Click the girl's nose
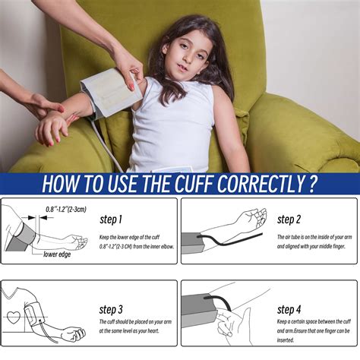point(179,60)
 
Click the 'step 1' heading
point(110,220)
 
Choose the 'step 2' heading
point(289,220)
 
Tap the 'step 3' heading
point(110,310)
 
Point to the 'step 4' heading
point(289,310)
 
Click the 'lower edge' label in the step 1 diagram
point(56,254)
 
